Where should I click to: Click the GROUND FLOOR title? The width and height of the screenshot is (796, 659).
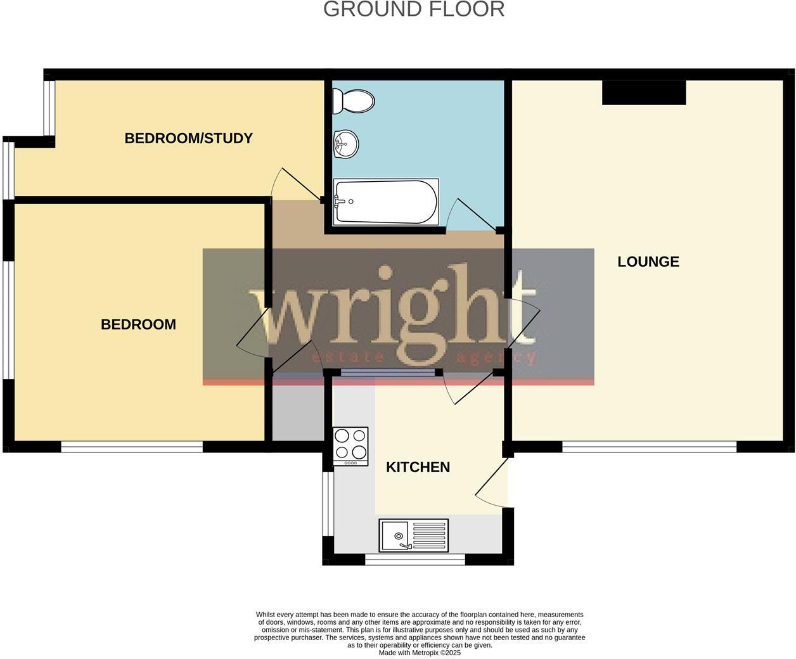coord(414,10)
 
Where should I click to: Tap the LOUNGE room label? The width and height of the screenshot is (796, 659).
coord(648,262)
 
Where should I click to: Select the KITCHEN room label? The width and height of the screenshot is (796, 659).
coord(418,467)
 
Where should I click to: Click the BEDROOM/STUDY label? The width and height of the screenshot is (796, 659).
coord(188,138)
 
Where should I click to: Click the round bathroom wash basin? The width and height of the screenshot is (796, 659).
coord(345,144)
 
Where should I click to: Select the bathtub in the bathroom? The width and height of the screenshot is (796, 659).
coord(385,202)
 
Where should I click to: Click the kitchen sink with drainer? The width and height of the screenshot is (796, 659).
coord(413,535)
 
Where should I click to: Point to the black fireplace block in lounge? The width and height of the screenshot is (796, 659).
coord(643,93)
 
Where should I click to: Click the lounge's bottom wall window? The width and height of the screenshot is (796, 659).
coord(649,447)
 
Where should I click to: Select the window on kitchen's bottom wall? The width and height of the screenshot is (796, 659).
coord(415,560)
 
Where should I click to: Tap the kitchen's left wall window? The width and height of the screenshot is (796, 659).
coord(327,504)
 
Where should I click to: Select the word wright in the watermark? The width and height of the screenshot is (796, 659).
coord(393,310)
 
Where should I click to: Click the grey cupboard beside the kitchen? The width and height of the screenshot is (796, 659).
coord(297,412)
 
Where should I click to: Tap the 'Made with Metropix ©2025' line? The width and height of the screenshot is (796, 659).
coord(420,653)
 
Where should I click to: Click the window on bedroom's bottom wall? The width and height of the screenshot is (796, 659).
coord(132,447)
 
